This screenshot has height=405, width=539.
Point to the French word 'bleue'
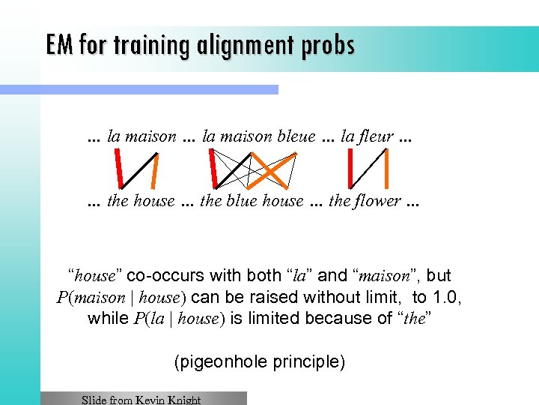(296, 136)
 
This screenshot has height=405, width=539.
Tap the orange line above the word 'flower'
(386, 169)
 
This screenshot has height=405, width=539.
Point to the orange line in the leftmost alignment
(154, 169)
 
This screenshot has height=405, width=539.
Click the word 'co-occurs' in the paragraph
(169, 276)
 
